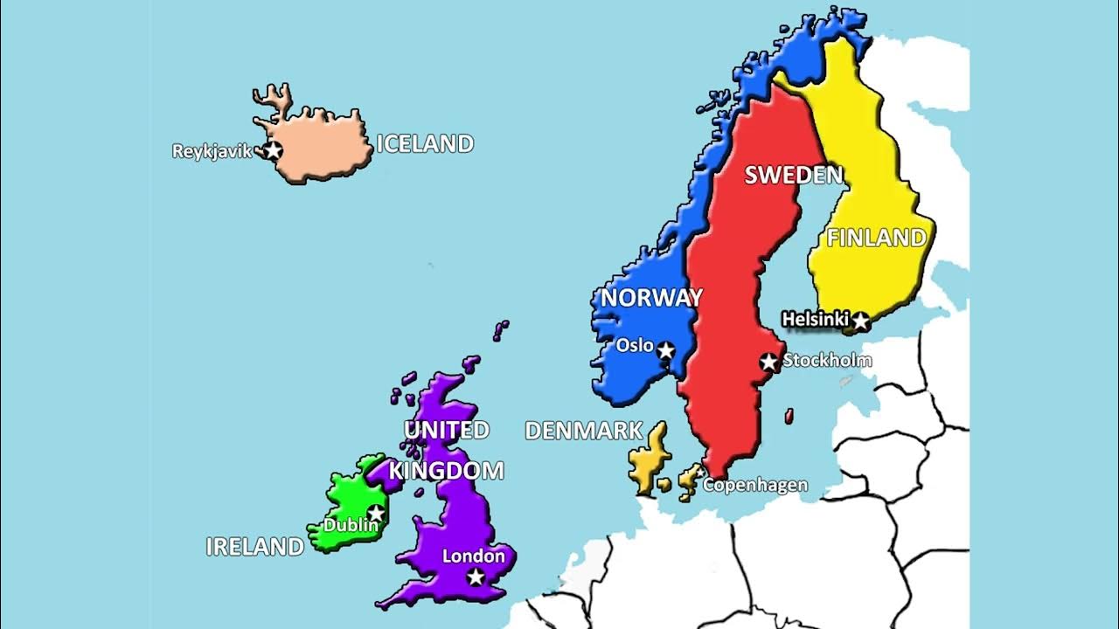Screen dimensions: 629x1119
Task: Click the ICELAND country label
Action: click(425, 144)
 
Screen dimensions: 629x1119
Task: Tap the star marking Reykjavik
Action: click(274, 151)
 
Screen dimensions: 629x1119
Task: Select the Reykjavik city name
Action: click(212, 151)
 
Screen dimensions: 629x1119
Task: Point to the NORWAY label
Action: click(651, 298)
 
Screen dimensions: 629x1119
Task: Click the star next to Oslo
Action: click(666, 350)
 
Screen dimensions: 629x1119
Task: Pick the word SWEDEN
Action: click(793, 176)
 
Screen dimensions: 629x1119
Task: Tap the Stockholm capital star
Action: click(768, 361)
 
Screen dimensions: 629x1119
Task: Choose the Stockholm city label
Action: click(827, 360)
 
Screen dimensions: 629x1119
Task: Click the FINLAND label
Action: click(876, 238)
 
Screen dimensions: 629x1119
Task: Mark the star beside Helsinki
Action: click(860, 321)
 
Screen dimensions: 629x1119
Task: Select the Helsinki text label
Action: click(816, 321)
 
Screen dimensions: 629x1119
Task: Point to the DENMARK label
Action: click(584, 431)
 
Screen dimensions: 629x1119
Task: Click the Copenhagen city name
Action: click(755, 485)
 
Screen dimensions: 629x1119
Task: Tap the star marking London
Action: click(476, 577)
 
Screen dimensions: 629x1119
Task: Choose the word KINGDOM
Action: click(447, 472)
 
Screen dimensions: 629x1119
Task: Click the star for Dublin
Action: click(376, 513)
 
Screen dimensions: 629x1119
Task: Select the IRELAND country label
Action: click(254, 547)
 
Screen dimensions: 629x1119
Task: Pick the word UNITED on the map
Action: click(446, 430)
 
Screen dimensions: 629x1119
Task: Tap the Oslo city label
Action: click(635, 345)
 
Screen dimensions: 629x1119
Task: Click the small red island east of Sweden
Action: click(789, 416)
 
